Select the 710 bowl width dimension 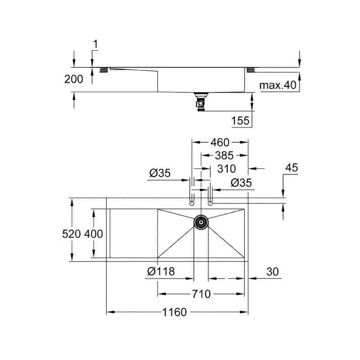coord(201,294)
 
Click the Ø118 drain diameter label coord(161,271)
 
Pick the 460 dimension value coord(220,143)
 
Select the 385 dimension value coord(224,156)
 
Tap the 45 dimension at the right coord(292,168)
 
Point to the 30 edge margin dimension coord(272,271)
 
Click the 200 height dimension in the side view coord(74,79)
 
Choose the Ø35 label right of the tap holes coord(241,182)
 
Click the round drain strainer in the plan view coord(201,221)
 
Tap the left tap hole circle coord(192,203)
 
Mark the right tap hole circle coord(210,203)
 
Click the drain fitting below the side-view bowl coord(199,101)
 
